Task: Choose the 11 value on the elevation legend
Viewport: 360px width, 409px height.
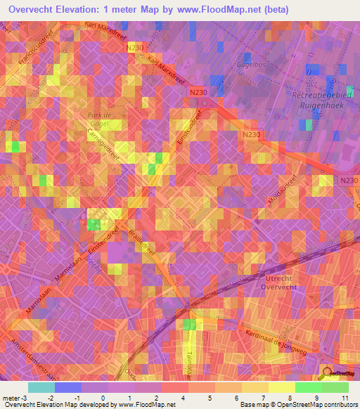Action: [345, 398]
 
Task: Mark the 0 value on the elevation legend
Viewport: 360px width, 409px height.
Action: [104, 398]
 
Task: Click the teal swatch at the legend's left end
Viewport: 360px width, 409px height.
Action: [41, 387]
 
